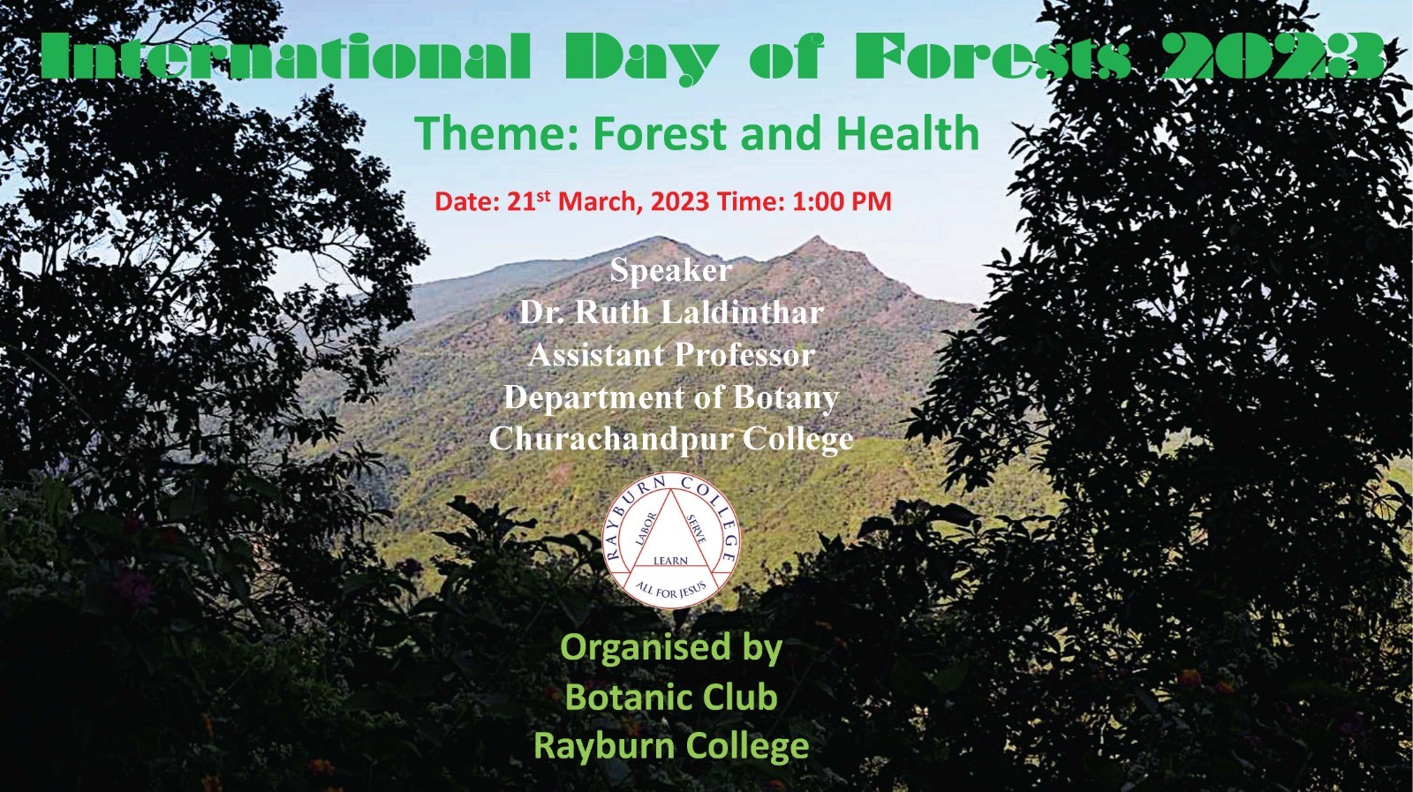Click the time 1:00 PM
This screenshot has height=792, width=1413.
coord(842,202)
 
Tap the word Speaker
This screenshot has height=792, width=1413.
coord(670,270)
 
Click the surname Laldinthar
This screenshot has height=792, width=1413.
coord(742,313)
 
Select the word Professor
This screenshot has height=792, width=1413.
coord(744,354)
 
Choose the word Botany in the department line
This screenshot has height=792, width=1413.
coord(786,397)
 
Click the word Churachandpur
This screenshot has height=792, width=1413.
coord(610,439)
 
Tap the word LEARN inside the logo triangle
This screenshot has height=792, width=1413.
coord(670,561)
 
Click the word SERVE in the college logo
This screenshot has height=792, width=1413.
coord(696,530)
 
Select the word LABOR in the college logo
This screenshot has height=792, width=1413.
coord(646,528)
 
